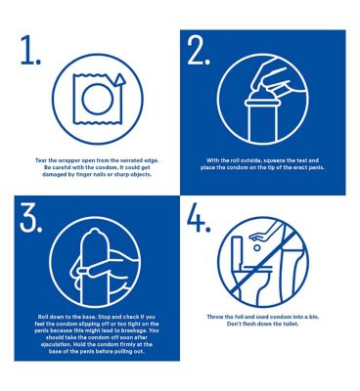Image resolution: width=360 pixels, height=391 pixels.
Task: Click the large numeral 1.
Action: coord(27,50)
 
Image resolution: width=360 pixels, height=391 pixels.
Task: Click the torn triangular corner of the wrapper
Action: coord(119,80)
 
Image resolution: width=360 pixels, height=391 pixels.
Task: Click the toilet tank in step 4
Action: coord(237,251)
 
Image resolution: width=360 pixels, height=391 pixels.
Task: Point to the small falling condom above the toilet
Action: coord(257,248)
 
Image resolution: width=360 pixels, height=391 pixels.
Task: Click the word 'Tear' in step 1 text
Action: coord(40,160)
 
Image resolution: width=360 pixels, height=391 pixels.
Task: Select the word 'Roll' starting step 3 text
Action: coord(43,317)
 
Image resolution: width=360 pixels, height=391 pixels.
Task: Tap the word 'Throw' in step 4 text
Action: coord(214,317)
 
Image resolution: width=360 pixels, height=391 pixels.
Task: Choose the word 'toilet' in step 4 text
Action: coord(291,325)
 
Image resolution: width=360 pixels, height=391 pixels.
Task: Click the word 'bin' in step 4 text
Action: coord(315,317)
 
